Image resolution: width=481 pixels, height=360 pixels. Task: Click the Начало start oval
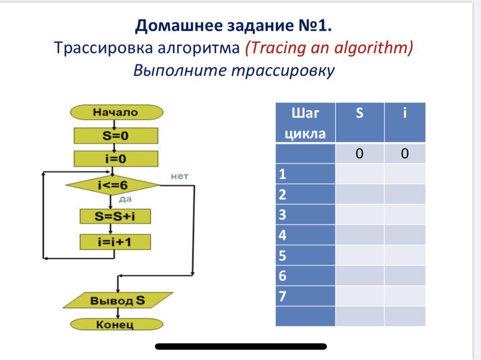116,113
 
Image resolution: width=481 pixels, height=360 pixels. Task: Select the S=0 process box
116,136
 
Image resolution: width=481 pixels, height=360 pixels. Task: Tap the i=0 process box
116,159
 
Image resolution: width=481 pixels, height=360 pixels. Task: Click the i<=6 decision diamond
113,186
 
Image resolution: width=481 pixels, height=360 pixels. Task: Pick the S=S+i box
115,216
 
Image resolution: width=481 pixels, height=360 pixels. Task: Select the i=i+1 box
115,242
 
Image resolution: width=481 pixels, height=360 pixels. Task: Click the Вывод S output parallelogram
117,300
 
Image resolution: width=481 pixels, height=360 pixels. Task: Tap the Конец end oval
117,324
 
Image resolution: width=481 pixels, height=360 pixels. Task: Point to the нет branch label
180,176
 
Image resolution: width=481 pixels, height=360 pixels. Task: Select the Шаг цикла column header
305,123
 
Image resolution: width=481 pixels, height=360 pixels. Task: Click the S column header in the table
360,114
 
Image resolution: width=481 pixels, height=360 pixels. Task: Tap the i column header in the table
405,114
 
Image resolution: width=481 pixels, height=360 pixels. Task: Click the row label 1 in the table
283,174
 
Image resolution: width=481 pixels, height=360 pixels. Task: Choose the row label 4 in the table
283,235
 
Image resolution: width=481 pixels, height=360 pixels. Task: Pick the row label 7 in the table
283,296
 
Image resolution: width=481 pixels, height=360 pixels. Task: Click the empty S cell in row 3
360,215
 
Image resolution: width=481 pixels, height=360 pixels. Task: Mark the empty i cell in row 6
405,276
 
